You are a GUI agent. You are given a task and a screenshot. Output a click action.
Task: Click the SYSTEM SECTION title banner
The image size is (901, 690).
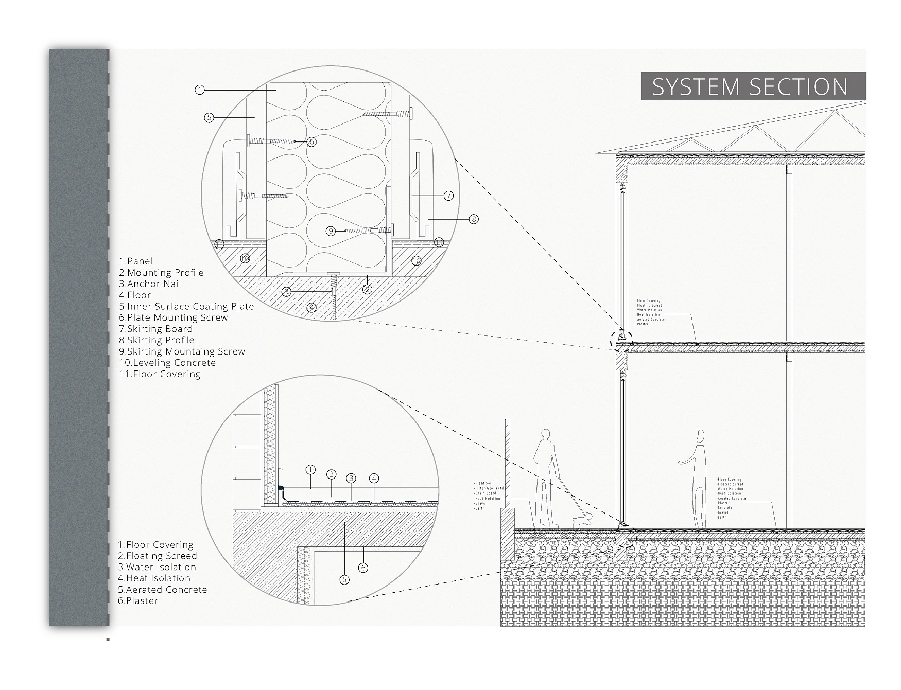coord(753,86)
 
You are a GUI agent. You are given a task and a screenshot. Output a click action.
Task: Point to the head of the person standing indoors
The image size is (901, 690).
coord(699,437)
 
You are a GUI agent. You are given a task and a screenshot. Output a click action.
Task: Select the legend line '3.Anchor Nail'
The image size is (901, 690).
coord(150,284)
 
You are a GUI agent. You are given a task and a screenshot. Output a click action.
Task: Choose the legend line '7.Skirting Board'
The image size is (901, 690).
coord(155,329)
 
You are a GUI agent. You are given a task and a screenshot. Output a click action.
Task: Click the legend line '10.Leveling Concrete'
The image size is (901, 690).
coord(167,363)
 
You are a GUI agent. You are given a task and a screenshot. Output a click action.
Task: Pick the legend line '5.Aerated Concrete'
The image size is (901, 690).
coord(162,590)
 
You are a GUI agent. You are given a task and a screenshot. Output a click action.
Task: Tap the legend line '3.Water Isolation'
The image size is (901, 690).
coord(157,567)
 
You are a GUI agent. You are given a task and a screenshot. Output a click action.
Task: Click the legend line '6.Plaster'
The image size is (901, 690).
coord(137,601)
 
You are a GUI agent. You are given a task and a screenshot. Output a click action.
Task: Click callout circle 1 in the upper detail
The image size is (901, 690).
coord(200,90)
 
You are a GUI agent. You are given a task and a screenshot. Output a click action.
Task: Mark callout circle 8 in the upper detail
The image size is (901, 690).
coord(474,219)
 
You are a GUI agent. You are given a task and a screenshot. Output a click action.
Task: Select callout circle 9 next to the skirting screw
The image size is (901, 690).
coord(331,231)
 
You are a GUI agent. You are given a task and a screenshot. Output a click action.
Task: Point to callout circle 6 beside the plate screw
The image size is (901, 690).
coord(311,141)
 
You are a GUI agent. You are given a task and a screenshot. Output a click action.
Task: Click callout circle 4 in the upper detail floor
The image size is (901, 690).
coord(311,308)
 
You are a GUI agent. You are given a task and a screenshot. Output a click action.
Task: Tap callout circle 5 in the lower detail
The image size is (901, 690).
coord(344,580)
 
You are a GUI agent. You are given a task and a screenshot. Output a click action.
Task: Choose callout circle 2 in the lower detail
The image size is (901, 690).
coord(331,474)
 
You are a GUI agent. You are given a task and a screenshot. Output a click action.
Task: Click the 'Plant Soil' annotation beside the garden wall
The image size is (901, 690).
coord(484,483)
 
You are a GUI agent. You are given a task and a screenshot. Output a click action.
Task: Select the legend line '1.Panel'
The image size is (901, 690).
coord(135,261)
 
